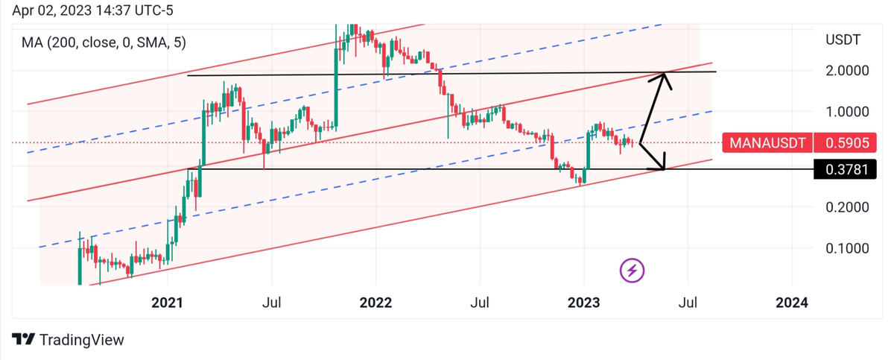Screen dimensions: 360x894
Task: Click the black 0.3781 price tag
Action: coord(845,171)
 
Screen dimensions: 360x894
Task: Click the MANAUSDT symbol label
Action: coord(766,142)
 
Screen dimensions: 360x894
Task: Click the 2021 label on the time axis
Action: coord(167,303)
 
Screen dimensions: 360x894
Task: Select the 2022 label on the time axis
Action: coord(375,303)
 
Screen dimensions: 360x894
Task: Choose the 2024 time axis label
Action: coord(791,303)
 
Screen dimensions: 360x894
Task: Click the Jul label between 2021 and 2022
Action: coord(271,303)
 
